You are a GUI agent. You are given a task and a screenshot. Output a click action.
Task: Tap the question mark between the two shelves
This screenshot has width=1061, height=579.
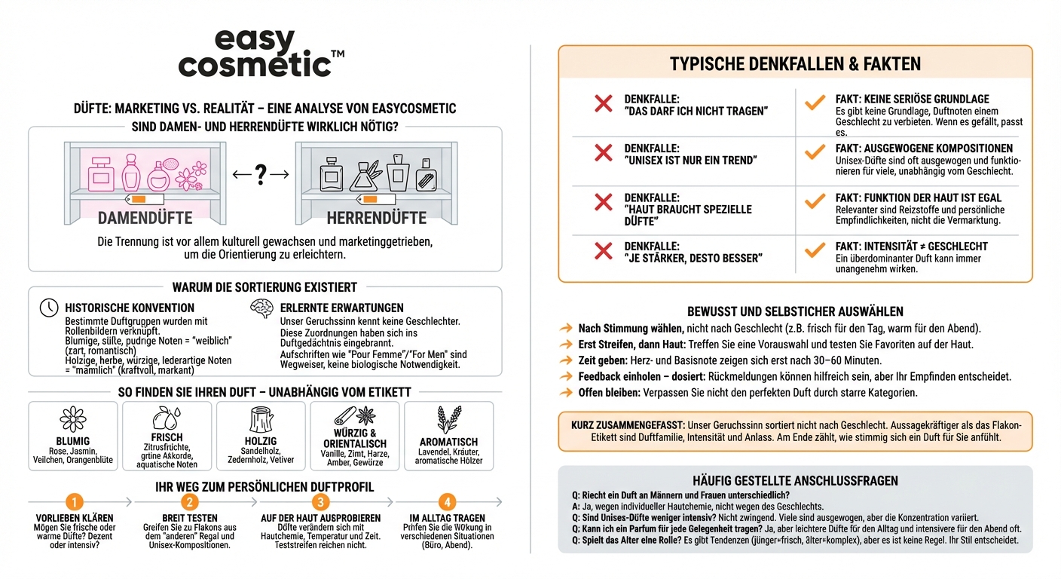click(x=261, y=175)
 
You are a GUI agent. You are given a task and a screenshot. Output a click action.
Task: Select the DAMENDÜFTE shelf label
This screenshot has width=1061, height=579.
click(x=145, y=218)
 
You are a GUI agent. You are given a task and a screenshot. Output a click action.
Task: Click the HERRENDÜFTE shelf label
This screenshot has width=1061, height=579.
click(x=377, y=218)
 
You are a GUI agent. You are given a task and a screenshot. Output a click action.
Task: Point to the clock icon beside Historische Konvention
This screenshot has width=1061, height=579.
click(x=49, y=308)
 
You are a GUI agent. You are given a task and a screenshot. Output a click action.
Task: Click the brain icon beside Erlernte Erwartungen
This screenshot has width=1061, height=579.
click(x=261, y=308)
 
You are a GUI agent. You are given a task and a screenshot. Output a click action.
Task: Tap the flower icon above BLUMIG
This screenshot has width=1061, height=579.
click(x=73, y=419)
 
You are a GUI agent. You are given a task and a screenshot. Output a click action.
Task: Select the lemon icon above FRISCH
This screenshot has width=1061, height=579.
click(x=167, y=418)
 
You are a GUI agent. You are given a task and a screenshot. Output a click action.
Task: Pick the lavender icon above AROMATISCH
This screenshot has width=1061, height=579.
click(x=449, y=419)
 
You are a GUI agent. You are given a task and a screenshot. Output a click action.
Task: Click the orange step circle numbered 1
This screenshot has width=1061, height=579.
click(x=74, y=502)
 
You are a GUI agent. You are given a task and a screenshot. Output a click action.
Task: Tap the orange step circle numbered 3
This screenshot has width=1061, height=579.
click(x=321, y=502)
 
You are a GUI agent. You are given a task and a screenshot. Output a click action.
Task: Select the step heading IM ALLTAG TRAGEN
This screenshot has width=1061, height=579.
click(x=448, y=518)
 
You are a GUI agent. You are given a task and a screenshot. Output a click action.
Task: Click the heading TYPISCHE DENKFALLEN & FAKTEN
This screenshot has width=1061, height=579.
click(x=795, y=64)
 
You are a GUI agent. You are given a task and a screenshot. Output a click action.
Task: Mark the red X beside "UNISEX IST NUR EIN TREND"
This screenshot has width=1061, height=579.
click(x=604, y=153)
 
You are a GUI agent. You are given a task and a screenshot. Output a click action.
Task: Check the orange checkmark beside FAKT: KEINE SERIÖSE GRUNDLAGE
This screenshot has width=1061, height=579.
click(x=815, y=103)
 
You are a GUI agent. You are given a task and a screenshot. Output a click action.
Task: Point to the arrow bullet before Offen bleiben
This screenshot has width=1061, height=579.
click(x=566, y=393)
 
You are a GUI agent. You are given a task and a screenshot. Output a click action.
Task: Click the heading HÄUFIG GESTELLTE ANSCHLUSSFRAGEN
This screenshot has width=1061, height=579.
click(x=795, y=480)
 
